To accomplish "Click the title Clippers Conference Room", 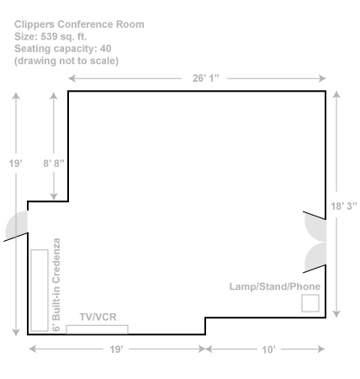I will (79, 24).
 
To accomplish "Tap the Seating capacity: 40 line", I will (63, 48).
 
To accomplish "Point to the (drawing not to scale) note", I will (66, 61).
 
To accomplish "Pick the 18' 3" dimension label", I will (341, 205).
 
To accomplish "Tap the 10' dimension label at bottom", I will (268, 350).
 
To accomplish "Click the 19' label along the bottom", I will (117, 350).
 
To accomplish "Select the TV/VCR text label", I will (97, 317).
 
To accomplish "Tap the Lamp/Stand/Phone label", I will (275, 286).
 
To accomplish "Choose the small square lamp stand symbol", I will (310, 303).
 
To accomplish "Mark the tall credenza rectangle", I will (38, 290).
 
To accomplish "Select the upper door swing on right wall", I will (316, 227).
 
